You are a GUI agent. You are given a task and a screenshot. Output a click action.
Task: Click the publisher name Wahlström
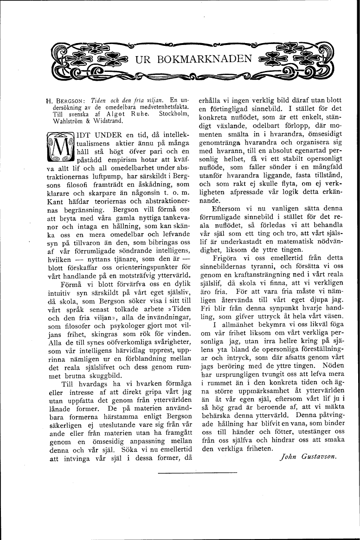(64, 122)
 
